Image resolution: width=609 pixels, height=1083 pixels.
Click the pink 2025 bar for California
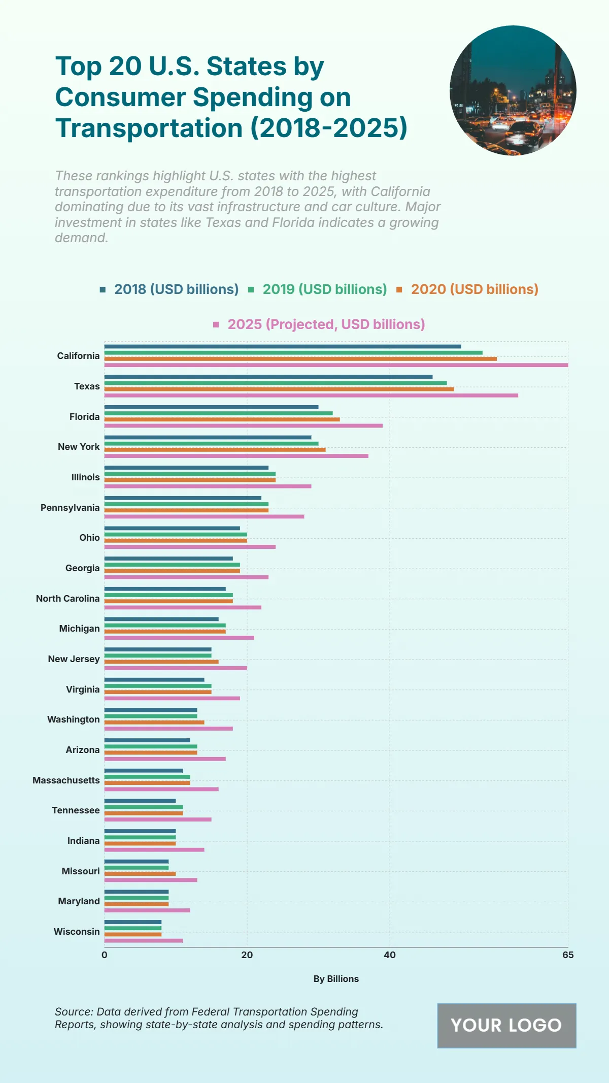(x=336, y=365)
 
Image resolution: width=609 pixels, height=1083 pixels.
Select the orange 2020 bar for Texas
(x=279, y=389)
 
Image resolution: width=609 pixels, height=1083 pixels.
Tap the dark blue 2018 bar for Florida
(x=211, y=407)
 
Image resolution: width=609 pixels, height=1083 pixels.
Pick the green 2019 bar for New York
(x=211, y=443)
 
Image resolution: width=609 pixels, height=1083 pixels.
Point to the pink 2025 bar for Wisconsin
(x=144, y=940)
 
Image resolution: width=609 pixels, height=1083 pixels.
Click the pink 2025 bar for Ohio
(x=190, y=547)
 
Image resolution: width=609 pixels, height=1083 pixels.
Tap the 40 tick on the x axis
(x=389, y=955)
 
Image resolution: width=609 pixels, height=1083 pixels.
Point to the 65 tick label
(x=567, y=955)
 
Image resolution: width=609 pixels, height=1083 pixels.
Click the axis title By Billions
(x=336, y=979)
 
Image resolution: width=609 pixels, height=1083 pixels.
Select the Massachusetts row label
(x=66, y=780)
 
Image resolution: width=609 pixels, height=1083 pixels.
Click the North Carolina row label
(x=67, y=599)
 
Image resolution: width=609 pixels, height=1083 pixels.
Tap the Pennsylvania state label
(x=70, y=508)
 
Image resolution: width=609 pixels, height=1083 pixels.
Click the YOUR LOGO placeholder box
(x=506, y=1026)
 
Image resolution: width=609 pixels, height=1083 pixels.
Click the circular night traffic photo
(x=513, y=90)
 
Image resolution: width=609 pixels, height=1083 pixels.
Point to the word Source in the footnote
(x=74, y=1012)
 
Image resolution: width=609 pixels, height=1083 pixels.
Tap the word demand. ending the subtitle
(x=81, y=238)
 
